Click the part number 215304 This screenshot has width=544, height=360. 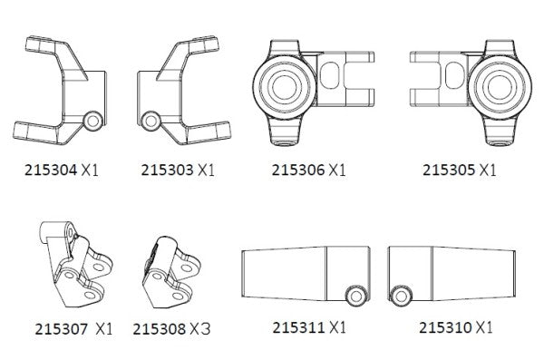point(51,170)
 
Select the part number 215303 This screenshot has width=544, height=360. point(167,170)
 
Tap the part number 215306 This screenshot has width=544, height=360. point(297,170)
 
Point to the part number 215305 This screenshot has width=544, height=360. point(449,170)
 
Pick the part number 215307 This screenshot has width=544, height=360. point(62,329)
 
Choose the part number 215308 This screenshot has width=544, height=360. point(160,329)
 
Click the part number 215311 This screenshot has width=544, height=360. point(298,327)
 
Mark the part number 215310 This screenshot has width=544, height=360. point(445,327)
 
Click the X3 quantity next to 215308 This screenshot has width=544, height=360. point(200,329)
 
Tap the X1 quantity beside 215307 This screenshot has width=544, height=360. point(103,329)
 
